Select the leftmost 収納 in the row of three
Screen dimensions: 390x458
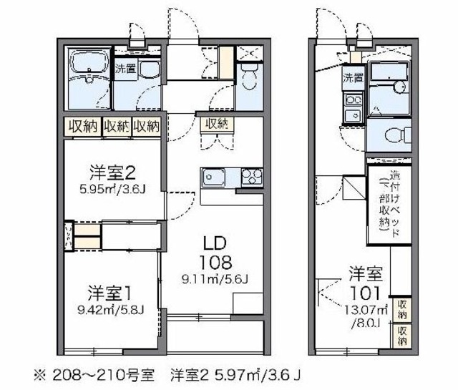click(x=83, y=126)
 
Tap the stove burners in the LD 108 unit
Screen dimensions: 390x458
click(x=251, y=176)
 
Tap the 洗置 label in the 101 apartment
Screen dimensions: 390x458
click(x=352, y=77)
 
